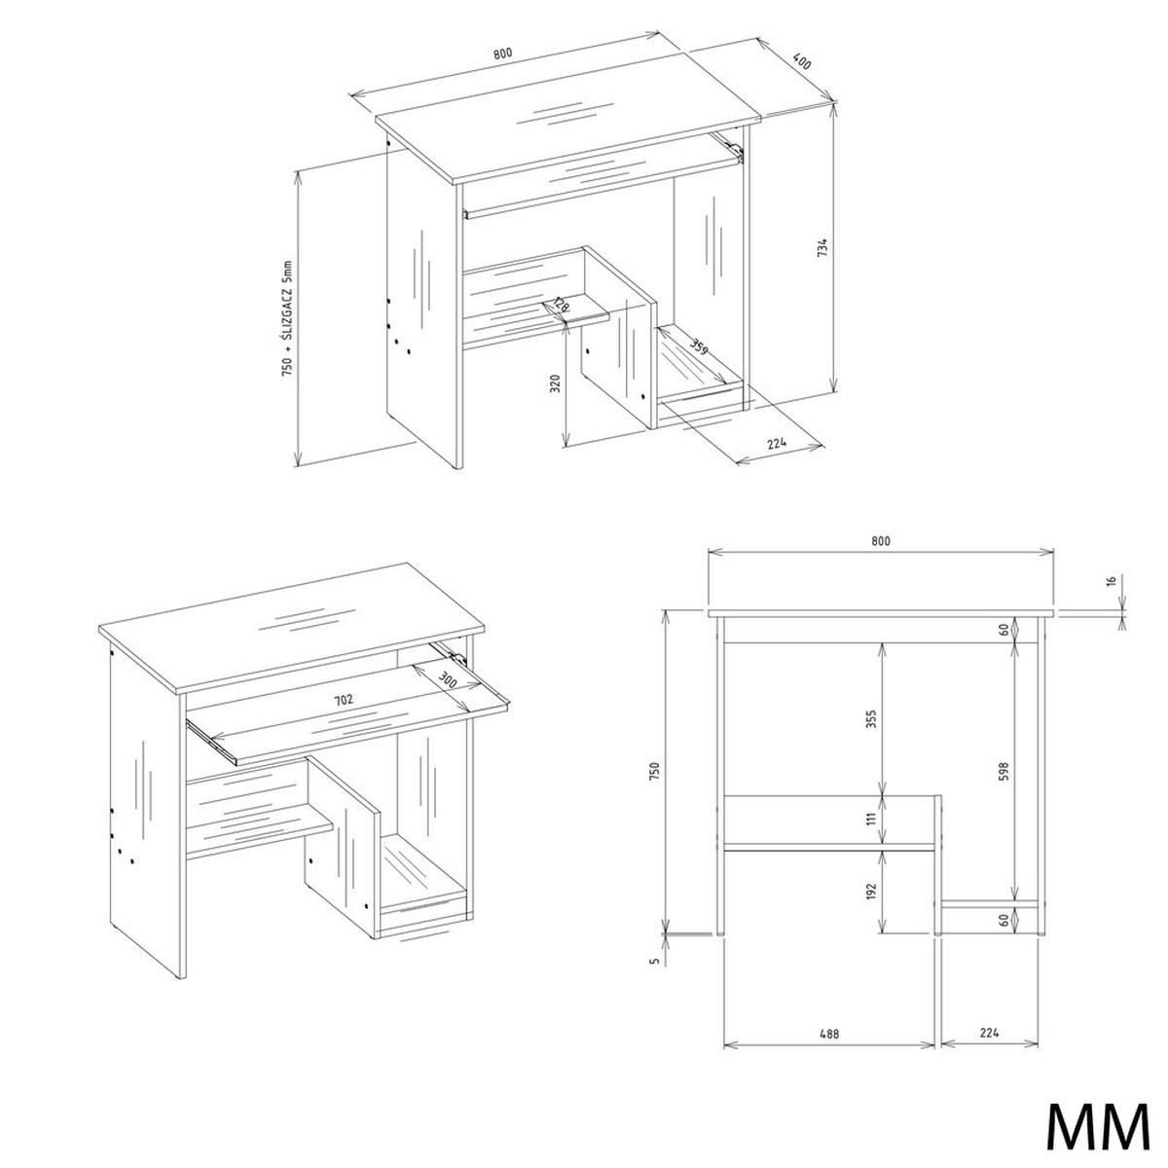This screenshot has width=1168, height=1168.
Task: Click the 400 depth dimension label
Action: coord(802,60)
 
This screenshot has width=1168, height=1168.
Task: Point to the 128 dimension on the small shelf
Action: coord(560,307)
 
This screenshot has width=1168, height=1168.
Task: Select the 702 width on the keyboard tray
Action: coord(342,699)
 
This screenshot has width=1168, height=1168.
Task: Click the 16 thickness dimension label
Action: coord(1111,582)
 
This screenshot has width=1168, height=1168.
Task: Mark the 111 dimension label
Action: coord(873,820)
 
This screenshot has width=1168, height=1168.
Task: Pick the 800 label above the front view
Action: coord(880,541)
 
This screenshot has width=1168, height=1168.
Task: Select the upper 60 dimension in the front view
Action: coord(1004,631)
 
